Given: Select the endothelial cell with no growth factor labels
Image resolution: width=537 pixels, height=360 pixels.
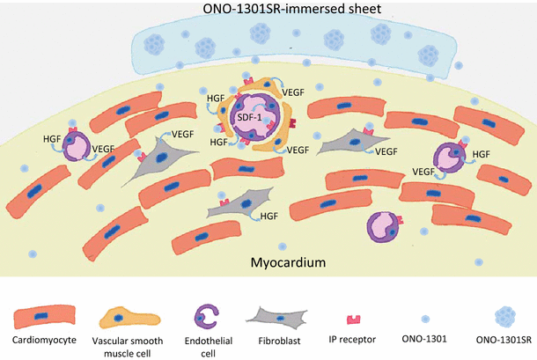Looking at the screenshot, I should tap(386, 227).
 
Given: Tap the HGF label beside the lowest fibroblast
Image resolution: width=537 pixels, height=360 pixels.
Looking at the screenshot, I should tap(281, 216).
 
